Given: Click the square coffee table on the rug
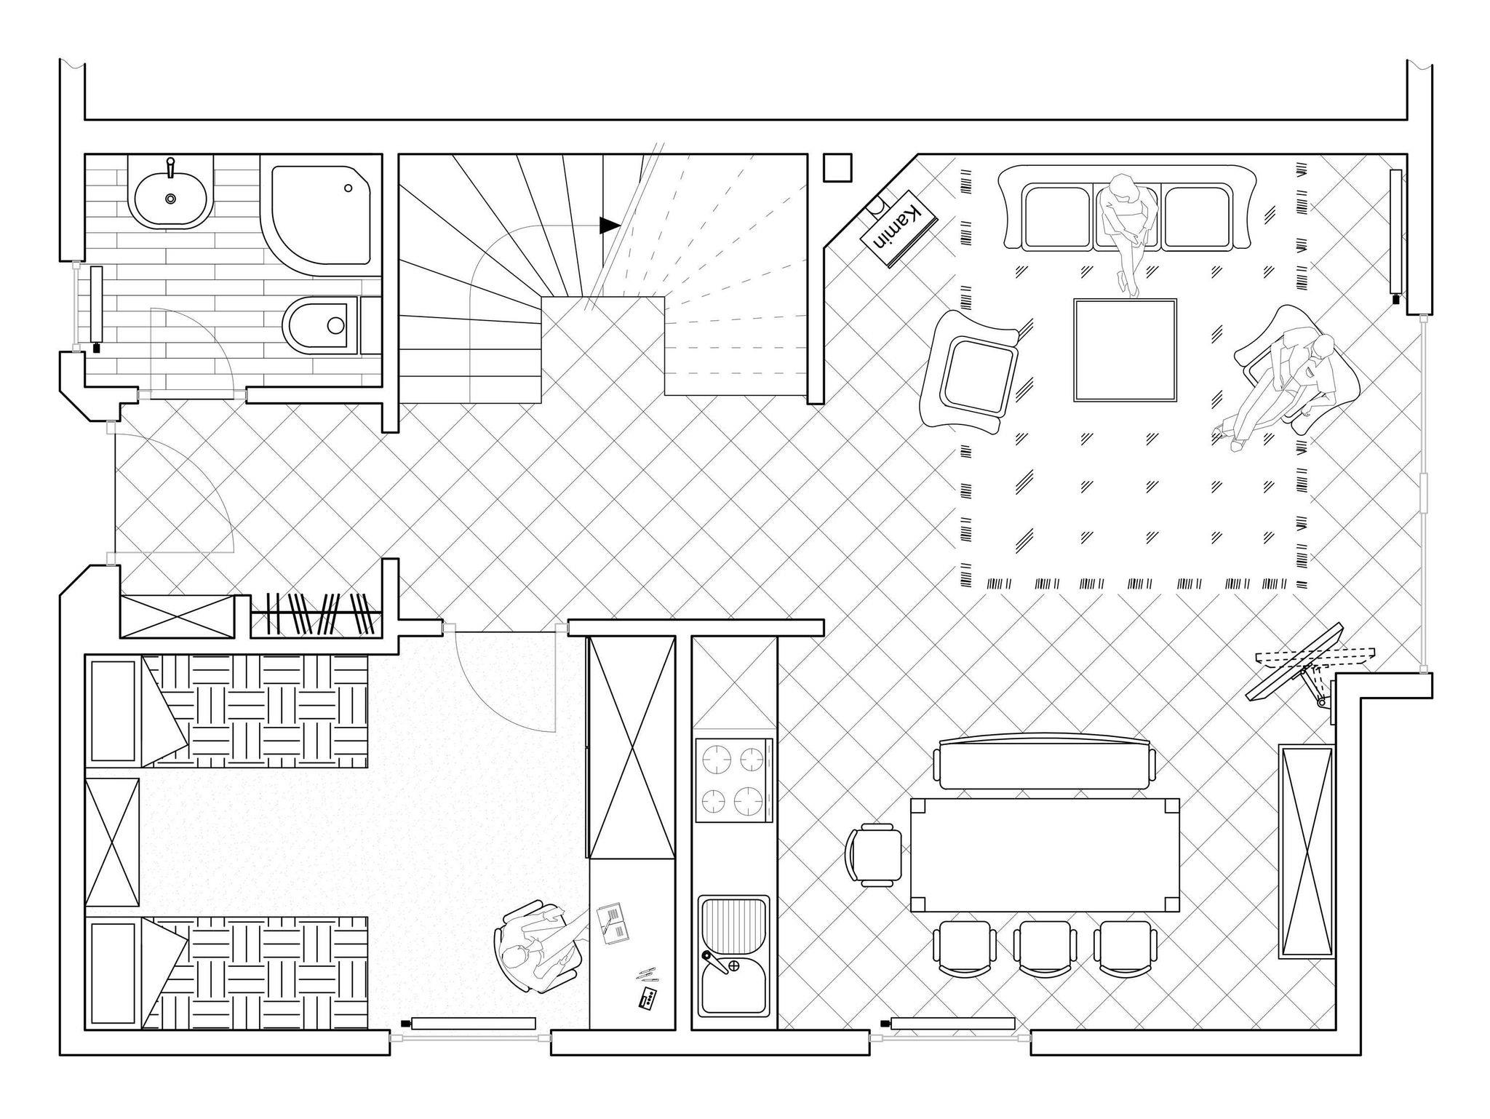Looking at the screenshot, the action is coord(1125,350).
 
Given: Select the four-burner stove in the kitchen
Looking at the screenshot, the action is coord(733,781).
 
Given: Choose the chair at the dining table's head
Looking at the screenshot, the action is coord(874,855).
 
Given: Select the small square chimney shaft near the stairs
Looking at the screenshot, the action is coord(837,167).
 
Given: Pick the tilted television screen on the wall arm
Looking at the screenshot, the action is coord(1295,661).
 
